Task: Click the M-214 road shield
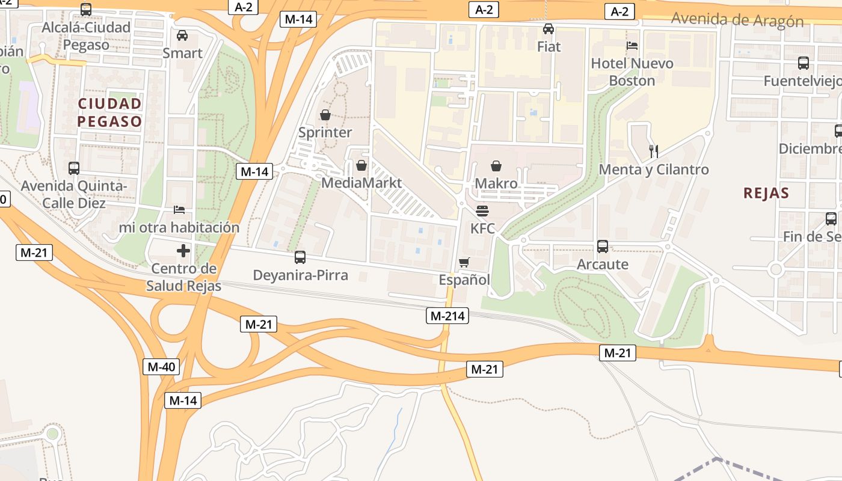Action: point(447,315)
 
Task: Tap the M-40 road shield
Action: point(161,366)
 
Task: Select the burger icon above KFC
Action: point(482,211)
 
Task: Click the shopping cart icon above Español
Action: point(464,262)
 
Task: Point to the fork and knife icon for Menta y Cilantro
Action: point(654,151)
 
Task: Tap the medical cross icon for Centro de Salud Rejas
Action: point(183,250)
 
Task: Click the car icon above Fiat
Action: point(549,28)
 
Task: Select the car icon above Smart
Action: point(182,35)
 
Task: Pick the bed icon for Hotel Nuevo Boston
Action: point(631,45)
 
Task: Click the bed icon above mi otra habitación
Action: point(179,209)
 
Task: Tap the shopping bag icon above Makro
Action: point(496,165)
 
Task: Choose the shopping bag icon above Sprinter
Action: point(325,114)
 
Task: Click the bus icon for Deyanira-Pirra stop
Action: point(300,257)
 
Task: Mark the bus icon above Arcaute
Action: point(603,246)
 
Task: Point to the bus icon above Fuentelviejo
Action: point(803,63)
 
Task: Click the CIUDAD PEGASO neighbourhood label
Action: point(109,112)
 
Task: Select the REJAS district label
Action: point(766,193)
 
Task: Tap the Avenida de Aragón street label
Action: point(737,20)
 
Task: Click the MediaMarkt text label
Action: point(361,183)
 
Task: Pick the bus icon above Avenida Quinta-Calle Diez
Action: point(74,168)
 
